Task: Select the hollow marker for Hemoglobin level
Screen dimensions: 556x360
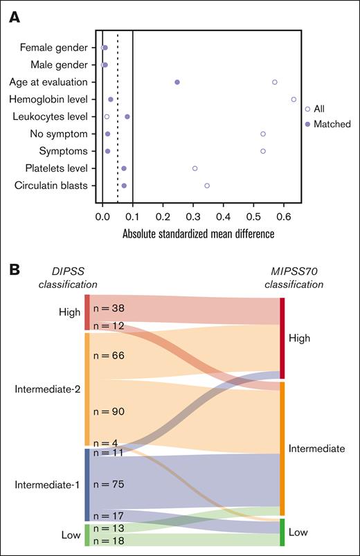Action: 294,99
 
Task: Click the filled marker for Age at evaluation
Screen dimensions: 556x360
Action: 177,82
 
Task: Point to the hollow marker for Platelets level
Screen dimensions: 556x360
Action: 195,168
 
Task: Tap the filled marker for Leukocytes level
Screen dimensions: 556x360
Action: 127,116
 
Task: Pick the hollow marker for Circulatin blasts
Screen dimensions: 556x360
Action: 207,186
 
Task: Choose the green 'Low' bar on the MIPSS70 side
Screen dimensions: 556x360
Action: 282,532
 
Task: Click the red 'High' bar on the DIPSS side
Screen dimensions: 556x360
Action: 87,312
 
